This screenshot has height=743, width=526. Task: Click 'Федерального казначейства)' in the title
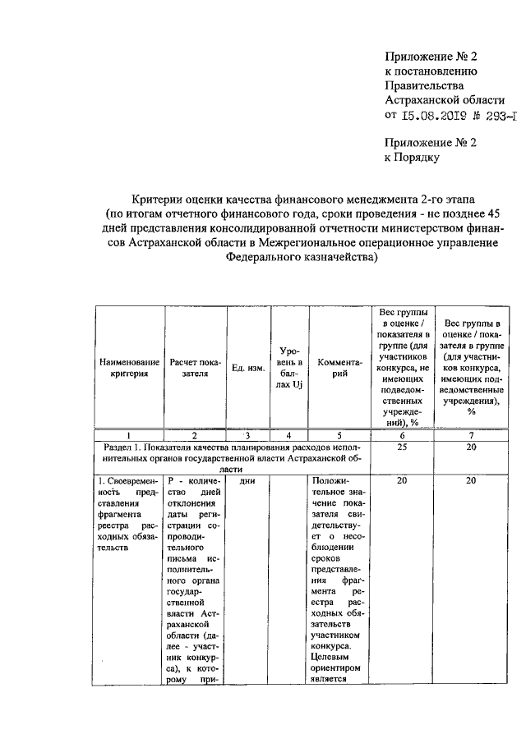tap(302, 257)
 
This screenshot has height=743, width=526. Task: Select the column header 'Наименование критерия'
tap(128, 367)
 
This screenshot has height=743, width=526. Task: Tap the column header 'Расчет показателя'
tap(195, 367)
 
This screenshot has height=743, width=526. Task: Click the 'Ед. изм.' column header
tap(247, 367)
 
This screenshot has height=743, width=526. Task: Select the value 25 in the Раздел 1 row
tap(402, 446)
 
